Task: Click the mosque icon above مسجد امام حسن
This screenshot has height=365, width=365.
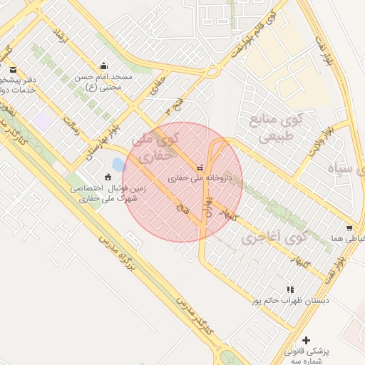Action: (104, 66)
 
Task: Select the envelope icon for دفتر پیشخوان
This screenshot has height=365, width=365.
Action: (14, 70)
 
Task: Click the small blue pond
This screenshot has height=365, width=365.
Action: (119, 165)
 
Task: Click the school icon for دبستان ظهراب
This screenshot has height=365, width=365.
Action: (289, 289)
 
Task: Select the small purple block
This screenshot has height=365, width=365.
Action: (43, 121)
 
